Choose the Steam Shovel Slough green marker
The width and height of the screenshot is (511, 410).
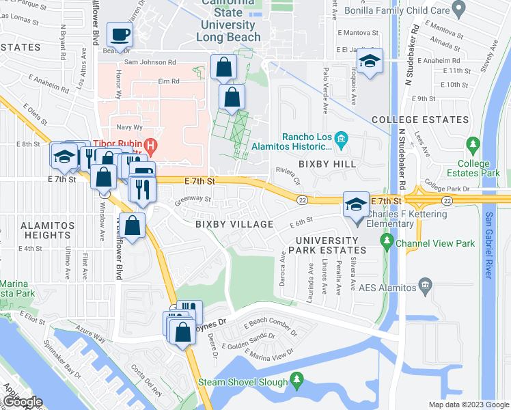(296, 379)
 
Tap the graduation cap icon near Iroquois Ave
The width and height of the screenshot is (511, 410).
(370, 63)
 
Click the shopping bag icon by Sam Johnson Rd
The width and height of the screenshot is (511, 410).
(224, 68)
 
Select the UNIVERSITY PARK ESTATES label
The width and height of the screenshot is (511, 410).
(327, 245)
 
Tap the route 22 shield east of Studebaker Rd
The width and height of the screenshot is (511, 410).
(447, 200)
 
